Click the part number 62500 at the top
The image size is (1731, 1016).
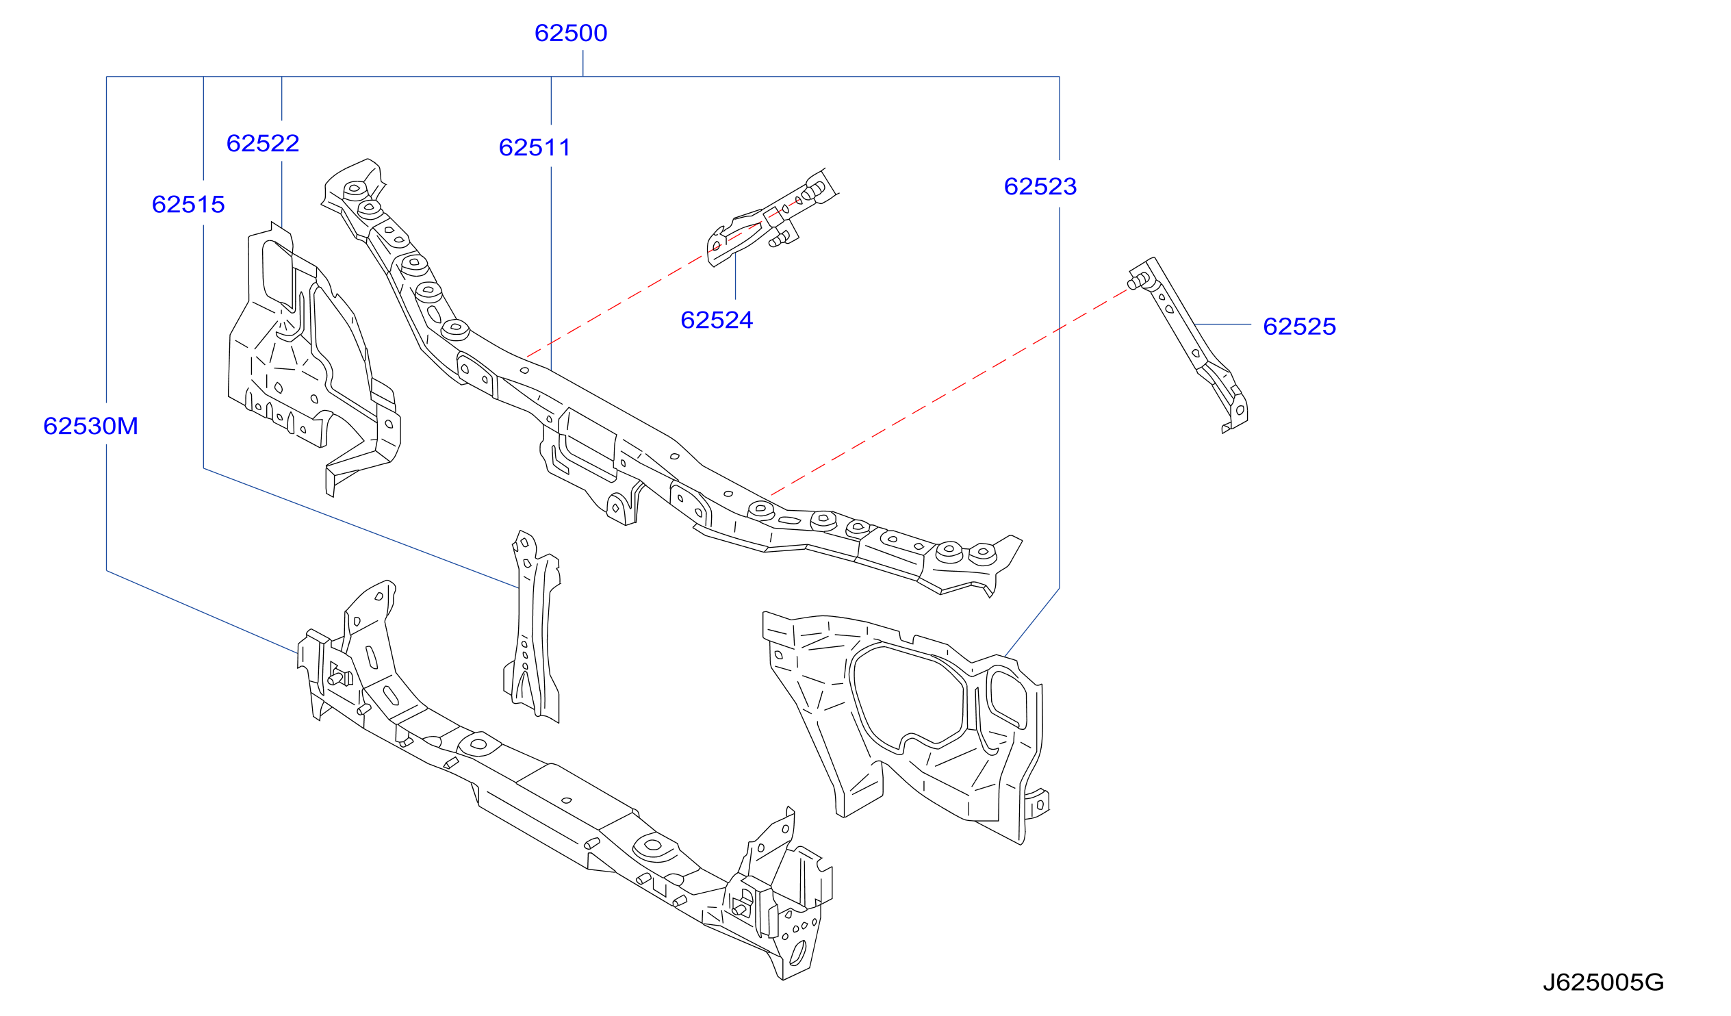tap(571, 33)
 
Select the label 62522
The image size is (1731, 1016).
tap(263, 143)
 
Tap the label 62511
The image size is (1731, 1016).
tap(535, 147)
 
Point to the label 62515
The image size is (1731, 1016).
tap(188, 204)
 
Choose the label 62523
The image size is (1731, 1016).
tap(1040, 186)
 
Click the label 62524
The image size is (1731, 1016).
tap(717, 320)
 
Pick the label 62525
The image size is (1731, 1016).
tap(1300, 327)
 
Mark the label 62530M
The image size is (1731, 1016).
tap(90, 426)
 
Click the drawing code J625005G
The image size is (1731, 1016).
tap(1603, 982)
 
